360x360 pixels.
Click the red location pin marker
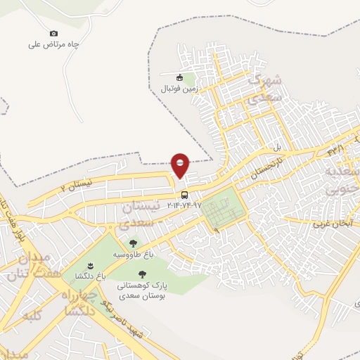click(x=181, y=165)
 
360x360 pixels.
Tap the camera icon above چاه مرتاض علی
click(x=54, y=33)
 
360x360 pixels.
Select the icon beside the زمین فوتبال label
click(x=181, y=78)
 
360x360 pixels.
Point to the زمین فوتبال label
click(x=179, y=89)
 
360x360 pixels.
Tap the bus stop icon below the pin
click(x=184, y=195)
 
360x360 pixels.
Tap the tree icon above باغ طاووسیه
click(x=133, y=243)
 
